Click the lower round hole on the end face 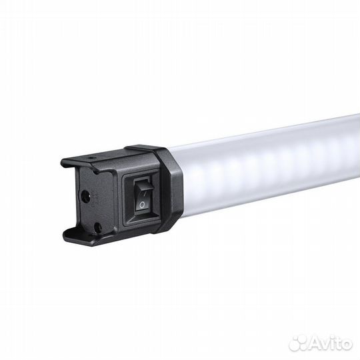[97, 227]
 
